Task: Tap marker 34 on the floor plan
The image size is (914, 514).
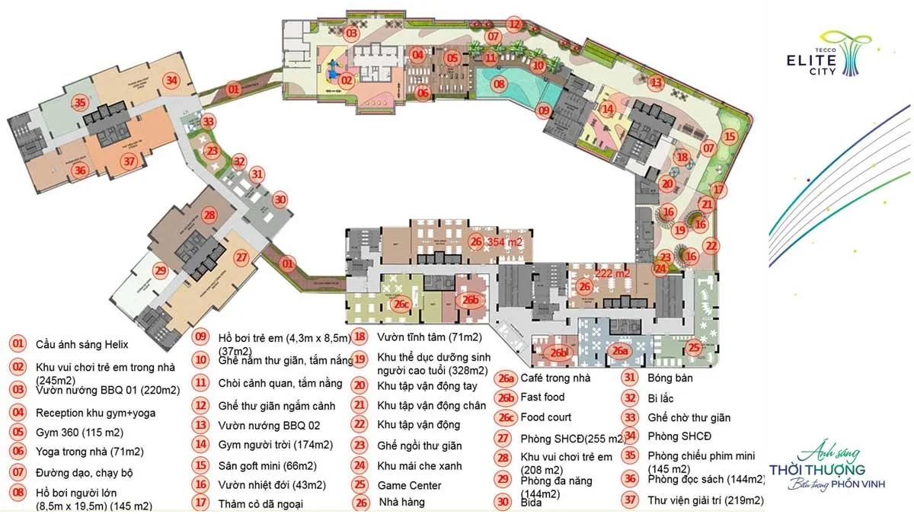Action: coord(173,81)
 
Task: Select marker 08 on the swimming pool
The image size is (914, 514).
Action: coord(499,84)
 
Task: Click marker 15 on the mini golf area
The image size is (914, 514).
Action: coord(730,138)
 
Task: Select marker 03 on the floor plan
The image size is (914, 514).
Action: coord(351,34)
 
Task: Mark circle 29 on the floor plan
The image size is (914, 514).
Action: coord(160,270)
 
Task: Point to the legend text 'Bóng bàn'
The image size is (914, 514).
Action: coord(670,377)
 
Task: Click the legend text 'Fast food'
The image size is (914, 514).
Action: coord(542,397)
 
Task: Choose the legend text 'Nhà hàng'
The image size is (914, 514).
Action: coord(402,502)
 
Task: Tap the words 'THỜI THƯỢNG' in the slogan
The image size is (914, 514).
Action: coord(817,469)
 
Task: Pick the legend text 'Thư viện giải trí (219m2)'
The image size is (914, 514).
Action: coord(706,500)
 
